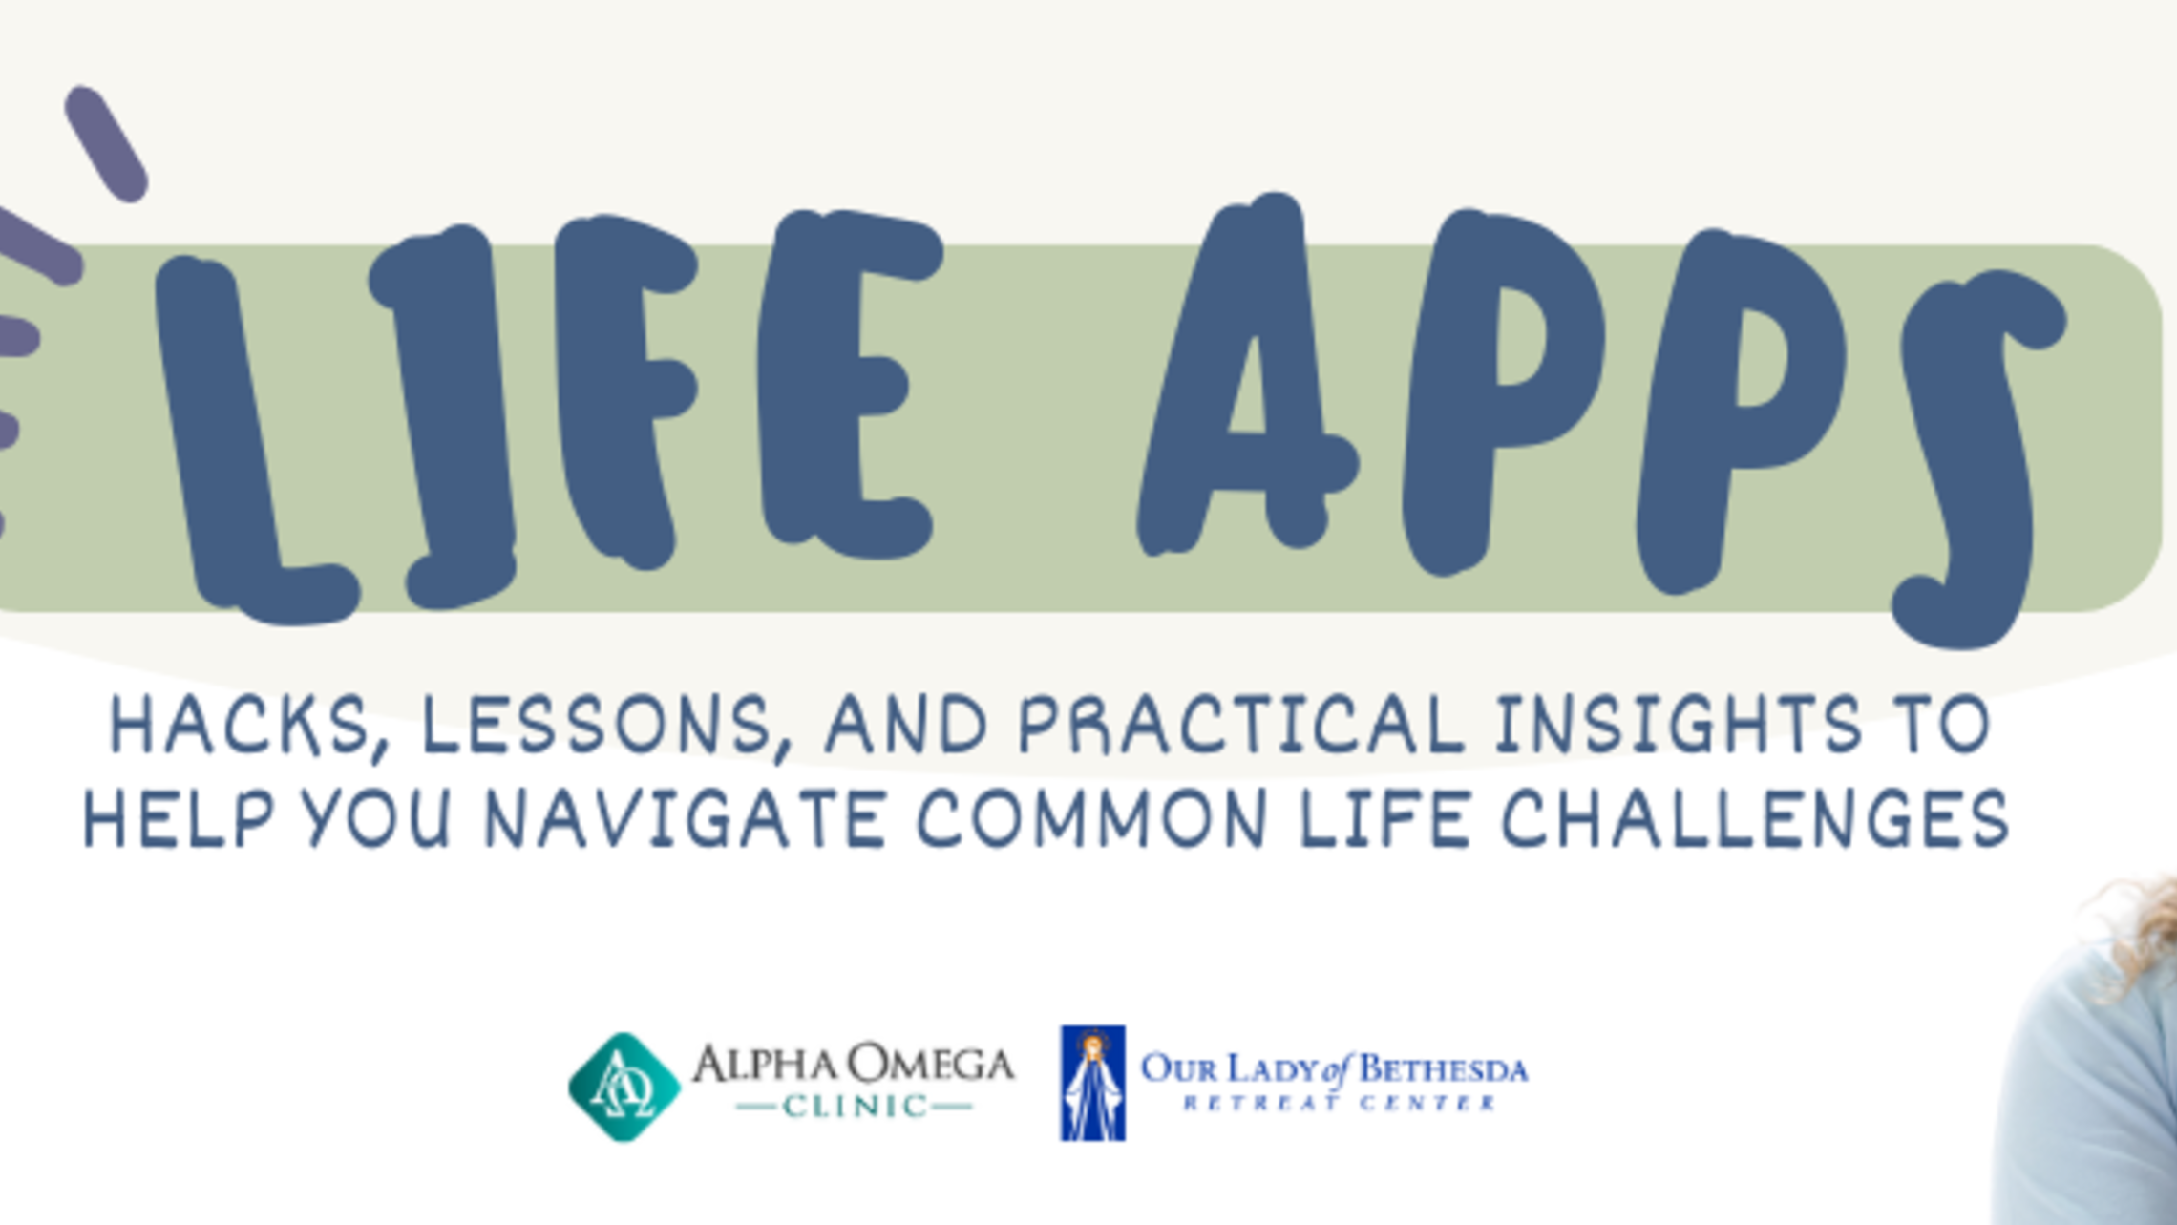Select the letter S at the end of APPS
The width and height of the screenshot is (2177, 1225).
tap(1976, 458)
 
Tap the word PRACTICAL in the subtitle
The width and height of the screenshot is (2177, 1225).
tap(1241, 726)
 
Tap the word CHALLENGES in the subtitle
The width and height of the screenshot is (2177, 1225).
tap(1755, 818)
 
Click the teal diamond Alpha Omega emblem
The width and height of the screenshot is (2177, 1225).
tap(624, 1087)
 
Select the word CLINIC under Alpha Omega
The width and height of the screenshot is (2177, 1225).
tap(855, 1107)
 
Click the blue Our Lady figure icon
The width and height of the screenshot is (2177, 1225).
tap(1092, 1083)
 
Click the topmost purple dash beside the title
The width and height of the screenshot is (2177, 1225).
tap(106, 144)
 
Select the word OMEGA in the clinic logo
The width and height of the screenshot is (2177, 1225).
tap(931, 1064)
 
